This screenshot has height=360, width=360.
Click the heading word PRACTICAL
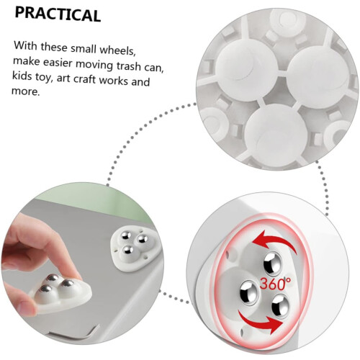pyautogui.click(x=58, y=15)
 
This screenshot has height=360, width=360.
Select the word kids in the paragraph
pyautogui.click(x=22, y=76)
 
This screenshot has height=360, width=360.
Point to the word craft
pyautogui.click(x=85, y=78)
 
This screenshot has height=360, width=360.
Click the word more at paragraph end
pyautogui.click(x=25, y=91)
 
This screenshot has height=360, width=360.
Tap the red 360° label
pyautogui.click(x=275, y=283)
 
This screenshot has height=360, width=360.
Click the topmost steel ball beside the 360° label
pyautogui.click(x=273, y=263)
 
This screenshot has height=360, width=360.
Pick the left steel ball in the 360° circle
pyautogui.click(x=249, y=292)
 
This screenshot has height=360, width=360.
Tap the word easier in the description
pyautogui.click(x=58, y=63)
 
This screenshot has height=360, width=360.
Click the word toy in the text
pyautogui.click(x=44, y=78)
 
